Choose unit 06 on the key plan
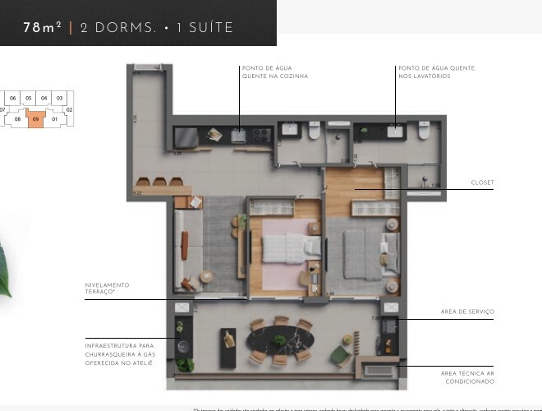13,98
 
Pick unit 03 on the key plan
59,98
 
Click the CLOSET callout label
482,182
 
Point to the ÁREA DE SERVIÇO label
468,312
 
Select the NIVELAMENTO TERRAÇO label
107,289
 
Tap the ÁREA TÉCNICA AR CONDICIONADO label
467,377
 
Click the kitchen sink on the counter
240,136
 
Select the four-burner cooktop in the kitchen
263,135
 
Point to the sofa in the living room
185,245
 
